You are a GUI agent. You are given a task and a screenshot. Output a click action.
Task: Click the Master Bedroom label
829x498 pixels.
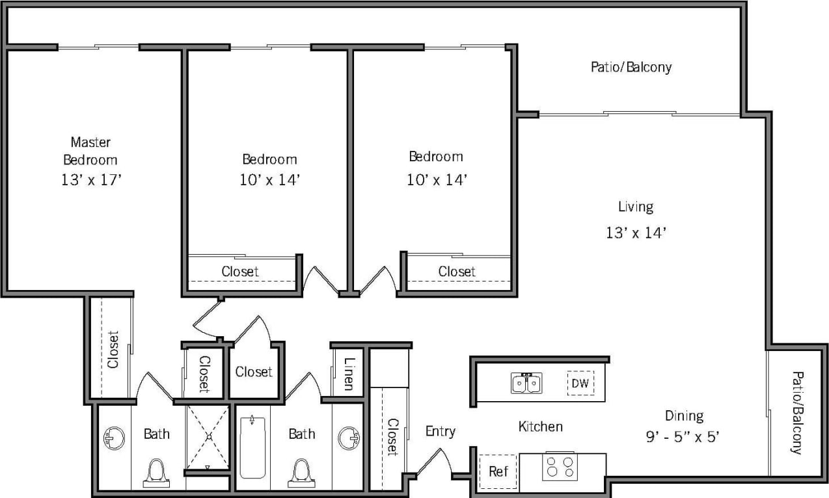tap(90, 150)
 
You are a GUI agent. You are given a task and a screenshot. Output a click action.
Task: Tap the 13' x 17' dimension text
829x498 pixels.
tap(91, 180)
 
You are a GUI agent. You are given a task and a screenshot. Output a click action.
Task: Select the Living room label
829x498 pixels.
tap(635, 207)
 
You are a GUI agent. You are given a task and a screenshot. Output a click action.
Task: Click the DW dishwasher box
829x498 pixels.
tap(580, 384)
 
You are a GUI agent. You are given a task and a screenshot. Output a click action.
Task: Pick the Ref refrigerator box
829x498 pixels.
tap(498, 471)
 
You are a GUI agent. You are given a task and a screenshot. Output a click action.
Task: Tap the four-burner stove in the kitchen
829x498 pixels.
tap(560, 467)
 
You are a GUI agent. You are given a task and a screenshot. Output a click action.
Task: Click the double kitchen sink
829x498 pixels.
tap(526, 384)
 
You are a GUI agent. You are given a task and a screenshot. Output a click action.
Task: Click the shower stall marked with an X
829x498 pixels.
tap(208, 436)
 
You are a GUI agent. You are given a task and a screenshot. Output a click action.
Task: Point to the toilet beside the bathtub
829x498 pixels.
tap(301, 472)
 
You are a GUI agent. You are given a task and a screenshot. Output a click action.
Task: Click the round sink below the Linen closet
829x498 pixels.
tap(349, 438)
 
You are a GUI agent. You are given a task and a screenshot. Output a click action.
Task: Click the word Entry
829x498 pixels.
tap(440, 431)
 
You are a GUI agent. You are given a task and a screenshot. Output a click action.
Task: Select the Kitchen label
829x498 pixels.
tap(540, 426)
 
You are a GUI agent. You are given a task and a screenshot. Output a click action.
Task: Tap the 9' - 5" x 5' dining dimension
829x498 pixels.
tap(683, 437)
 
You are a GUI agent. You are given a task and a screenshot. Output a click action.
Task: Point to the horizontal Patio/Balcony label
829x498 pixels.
tap(631, 67)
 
